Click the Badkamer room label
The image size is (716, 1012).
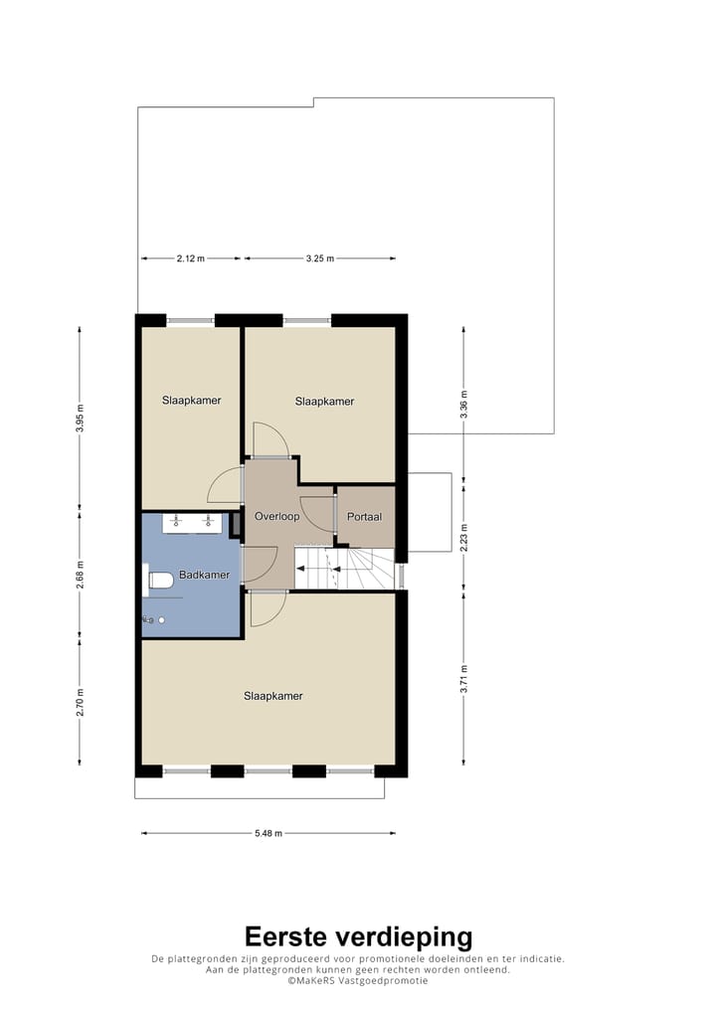coord(204,576)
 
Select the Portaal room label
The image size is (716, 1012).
coord(364,517)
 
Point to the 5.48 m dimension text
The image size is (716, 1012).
coord(268,833)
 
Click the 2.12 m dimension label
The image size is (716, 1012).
coord(190,258)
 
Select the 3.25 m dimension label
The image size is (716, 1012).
coord(319,258)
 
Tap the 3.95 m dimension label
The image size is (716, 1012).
coord(81,419)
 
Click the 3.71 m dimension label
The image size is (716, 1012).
coord(463,680)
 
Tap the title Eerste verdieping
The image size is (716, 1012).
coord(358,936)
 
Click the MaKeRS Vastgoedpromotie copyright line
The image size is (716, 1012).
coord(358,980)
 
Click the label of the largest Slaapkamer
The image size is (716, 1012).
coord(272,696)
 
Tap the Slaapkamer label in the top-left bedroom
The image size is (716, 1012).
coord(191,401)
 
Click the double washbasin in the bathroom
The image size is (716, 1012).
coord(192,521)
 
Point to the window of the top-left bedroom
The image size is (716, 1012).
coord(190,320)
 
